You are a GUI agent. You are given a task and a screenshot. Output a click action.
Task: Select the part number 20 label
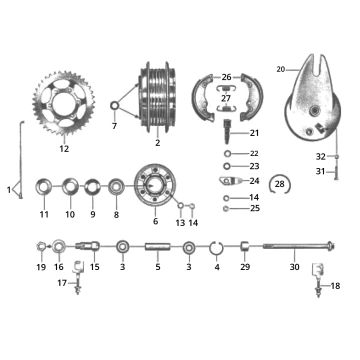281,69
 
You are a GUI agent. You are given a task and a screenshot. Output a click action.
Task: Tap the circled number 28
282,185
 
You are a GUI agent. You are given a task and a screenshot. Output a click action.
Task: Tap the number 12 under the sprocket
64,149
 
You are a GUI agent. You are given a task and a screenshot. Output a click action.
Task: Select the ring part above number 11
44,186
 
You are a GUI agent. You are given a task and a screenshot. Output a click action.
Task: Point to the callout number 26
227,76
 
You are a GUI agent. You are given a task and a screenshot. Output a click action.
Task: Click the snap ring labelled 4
216,245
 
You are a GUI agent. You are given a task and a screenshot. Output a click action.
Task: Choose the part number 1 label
9,189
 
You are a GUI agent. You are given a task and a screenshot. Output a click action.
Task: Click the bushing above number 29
245,245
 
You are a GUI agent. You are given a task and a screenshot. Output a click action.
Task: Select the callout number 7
114,127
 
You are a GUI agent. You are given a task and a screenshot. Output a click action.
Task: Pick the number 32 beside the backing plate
320,156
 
